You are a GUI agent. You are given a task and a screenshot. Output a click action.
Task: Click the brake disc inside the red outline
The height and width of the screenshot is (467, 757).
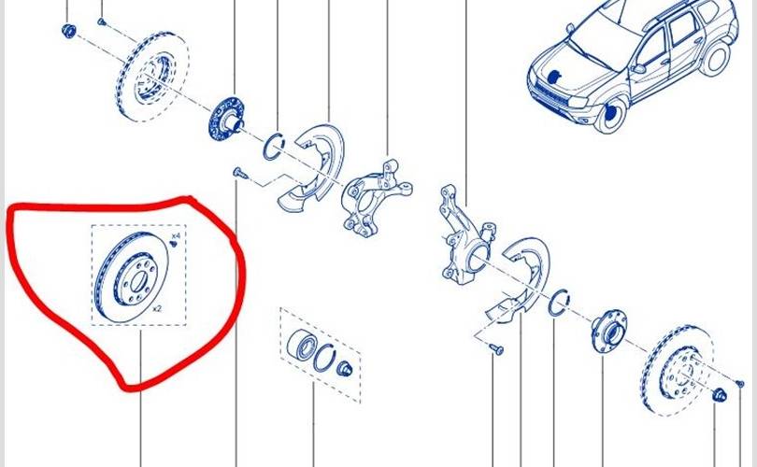pos(132,276)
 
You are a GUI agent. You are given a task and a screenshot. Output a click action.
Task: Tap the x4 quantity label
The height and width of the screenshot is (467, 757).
pos(176,236)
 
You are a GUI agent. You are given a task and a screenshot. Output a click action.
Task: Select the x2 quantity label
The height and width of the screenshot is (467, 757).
pos(156,309)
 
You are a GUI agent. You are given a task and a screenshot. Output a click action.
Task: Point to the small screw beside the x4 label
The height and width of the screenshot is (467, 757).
pos(174,244)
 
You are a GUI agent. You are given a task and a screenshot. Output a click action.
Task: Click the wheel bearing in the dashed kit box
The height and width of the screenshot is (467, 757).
pos(302,344)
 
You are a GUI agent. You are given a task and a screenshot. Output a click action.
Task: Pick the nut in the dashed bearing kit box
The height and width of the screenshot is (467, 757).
pos(345,370)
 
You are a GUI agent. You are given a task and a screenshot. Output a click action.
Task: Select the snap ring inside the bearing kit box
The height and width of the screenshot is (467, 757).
pos(324,359)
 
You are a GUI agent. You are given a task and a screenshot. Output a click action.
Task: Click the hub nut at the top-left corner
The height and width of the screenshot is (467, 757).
pos(68,31)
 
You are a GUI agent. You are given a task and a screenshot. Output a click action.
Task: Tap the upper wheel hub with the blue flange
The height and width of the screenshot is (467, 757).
pos(225,120)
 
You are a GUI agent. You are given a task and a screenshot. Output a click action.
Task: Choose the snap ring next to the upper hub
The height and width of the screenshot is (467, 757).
pos(273,147)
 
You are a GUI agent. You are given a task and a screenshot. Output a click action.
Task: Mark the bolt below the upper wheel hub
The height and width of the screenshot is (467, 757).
pos(239,173)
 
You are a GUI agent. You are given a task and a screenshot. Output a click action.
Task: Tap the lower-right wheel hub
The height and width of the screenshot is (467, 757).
pos(608,332)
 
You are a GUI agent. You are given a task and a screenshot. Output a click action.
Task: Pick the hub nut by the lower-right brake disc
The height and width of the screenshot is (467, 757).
pos(719,395)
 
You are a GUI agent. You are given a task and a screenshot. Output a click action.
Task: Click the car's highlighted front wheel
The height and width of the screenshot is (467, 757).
pos(610,114)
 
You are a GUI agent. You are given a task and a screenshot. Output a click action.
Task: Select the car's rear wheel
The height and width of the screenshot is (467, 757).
pos(715,58)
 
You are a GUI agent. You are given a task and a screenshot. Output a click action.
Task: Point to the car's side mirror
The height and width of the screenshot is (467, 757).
pos(638,68)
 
